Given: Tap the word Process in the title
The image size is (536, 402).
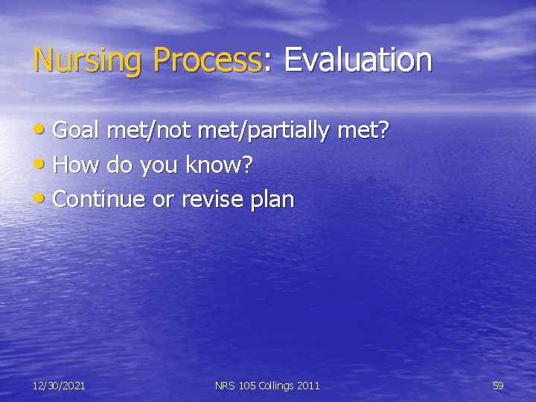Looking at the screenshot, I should point(207,60).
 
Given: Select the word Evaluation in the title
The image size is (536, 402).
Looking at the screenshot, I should point(357,60).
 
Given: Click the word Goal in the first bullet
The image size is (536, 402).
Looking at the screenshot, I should point(77,132).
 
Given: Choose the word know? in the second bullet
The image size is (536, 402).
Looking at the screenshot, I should point(221,165).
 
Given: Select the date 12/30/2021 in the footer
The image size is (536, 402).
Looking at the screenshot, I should point(59,385).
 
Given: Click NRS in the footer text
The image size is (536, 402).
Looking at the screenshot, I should point(225,385).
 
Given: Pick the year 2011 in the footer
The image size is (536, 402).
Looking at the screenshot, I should point(308,385).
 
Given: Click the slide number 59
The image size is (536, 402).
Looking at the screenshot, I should point(498,385).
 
